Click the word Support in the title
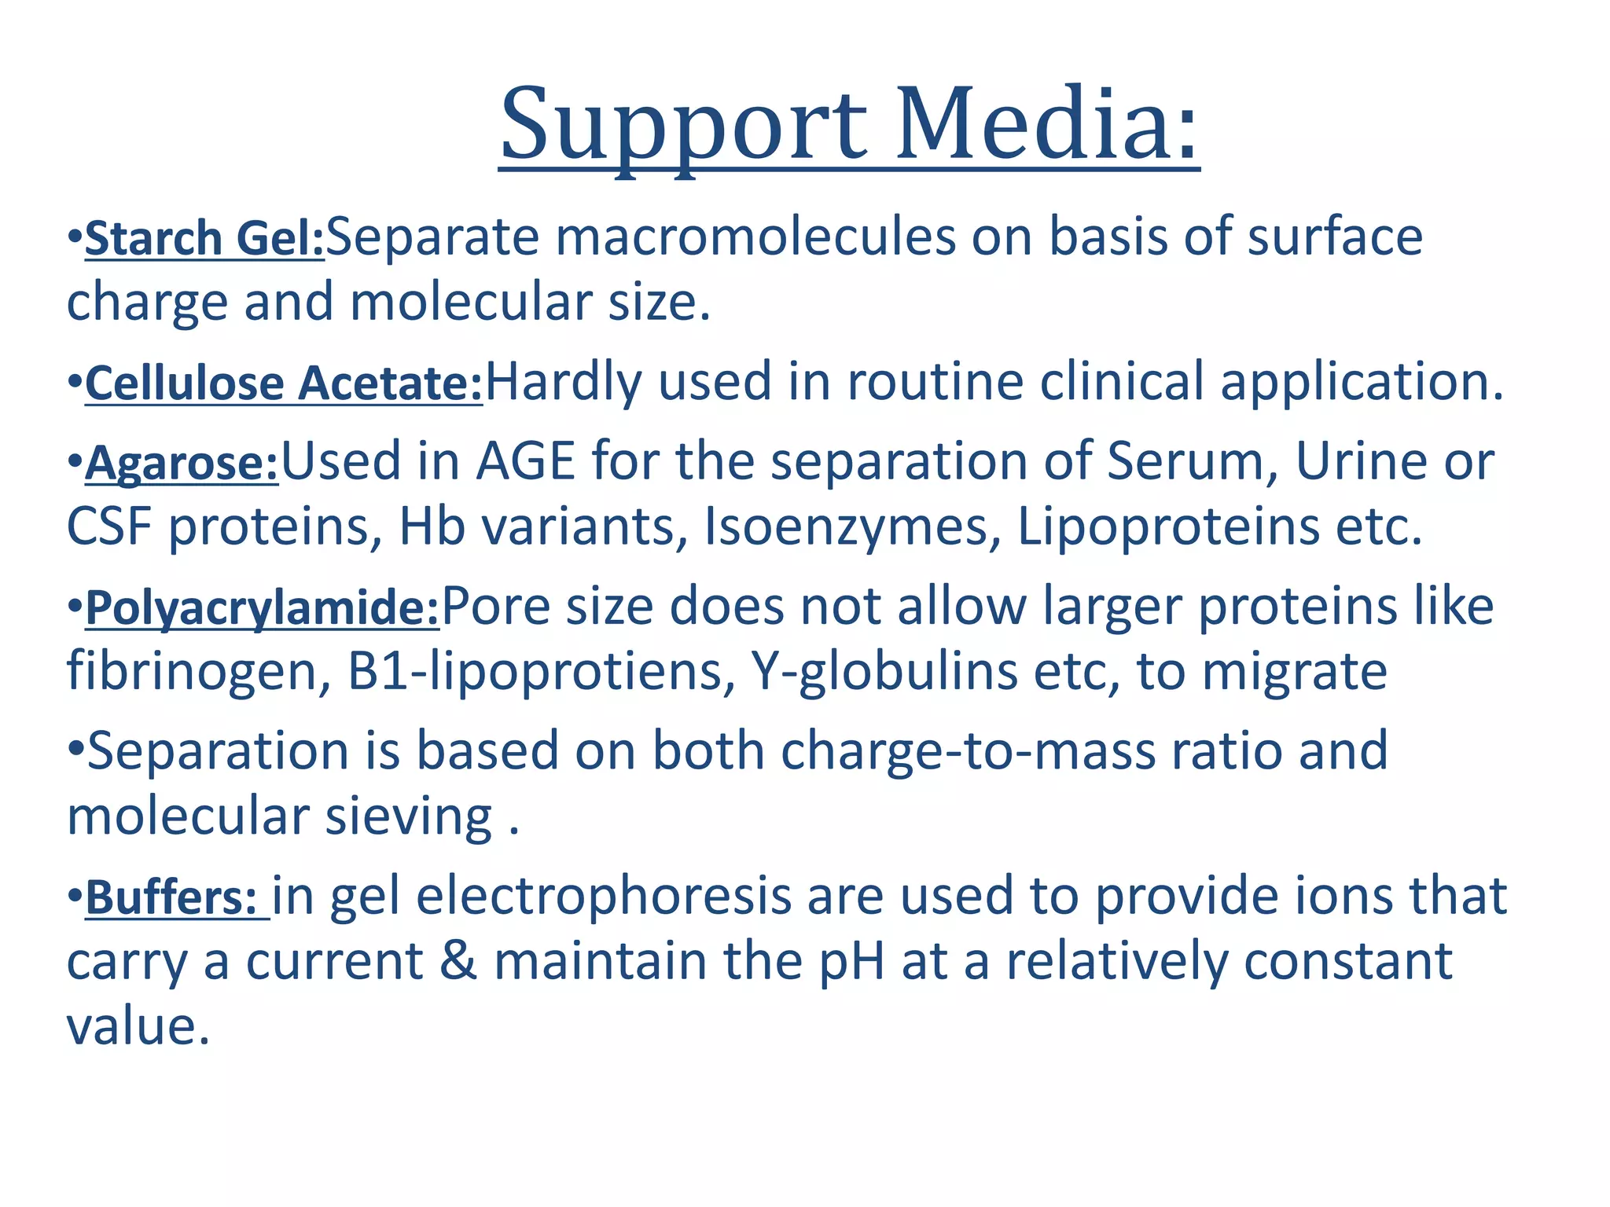coord(684,126)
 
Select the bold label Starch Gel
coord(204,238)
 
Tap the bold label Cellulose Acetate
coord(284,383)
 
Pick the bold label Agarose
coord(182,463)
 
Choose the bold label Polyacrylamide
coord(262,608)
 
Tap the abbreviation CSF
coord(109,526)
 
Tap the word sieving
coord(409,817)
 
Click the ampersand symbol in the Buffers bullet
coord(458,962)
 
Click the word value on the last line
coord(138,1027)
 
